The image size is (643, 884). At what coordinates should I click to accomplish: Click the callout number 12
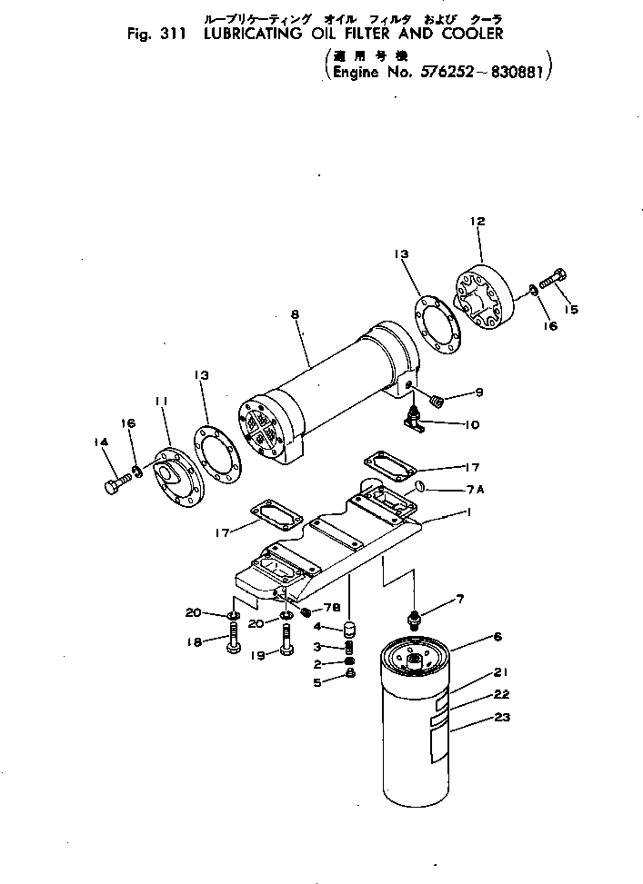point(477,221)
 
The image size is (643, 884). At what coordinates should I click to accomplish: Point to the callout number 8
point(295,314)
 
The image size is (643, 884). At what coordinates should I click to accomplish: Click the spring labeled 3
point(347,647)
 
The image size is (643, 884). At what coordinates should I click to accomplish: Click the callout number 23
point(502,717)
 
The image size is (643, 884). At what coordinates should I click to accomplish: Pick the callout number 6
point(497,638)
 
